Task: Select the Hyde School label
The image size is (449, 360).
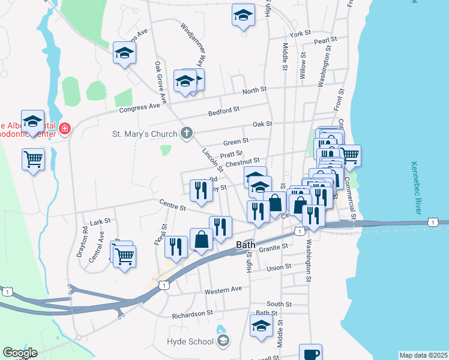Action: (190, 341)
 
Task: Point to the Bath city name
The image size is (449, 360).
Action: (246, 245)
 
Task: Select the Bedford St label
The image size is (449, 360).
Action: (223, 110)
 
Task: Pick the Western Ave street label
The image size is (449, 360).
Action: (223, 289)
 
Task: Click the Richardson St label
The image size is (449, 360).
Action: (193, 313)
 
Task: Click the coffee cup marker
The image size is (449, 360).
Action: (310, 353)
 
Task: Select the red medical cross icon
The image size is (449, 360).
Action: (64, 128)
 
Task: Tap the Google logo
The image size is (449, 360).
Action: (20, 353)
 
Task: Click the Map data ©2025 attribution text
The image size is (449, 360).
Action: (423, 355)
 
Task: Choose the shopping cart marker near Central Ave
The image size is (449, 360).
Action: (124, 256)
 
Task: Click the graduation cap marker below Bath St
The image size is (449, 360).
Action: (261, 326)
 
